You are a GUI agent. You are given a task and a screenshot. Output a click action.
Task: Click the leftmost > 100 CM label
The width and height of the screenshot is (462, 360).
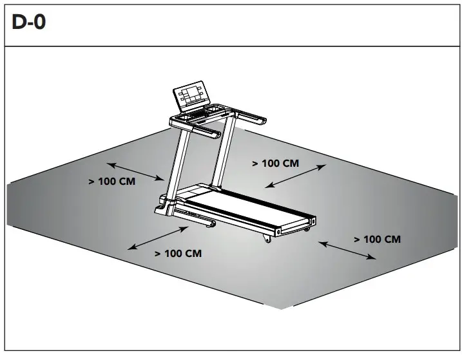(112, 182)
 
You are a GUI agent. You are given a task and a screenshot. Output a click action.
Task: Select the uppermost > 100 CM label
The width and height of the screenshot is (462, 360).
(275, 164)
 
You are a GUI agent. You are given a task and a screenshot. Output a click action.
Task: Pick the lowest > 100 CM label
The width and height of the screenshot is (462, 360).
(178, 254)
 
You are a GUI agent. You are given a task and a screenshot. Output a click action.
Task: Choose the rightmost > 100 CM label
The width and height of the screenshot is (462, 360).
(377, 239)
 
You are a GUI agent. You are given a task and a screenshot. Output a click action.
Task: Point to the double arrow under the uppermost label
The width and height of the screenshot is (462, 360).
(296, 176)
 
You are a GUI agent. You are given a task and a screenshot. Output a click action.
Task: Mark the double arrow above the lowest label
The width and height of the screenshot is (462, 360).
(158, 238)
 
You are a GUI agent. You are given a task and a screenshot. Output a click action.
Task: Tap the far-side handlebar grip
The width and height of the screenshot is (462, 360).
(254, 118)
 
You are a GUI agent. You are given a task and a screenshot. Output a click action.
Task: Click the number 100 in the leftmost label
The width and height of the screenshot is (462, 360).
(108, 182)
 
